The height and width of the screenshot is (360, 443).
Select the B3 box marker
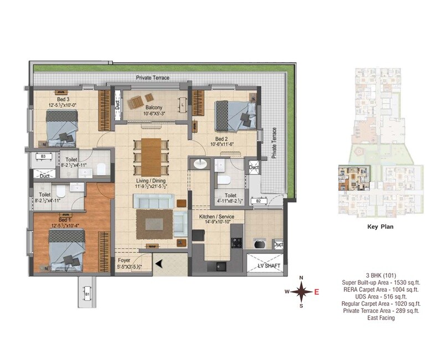(x=43, y=157)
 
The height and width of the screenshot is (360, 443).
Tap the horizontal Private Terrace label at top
(x=153, y=78)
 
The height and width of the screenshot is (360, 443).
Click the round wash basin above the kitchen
(x=199, y=164)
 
